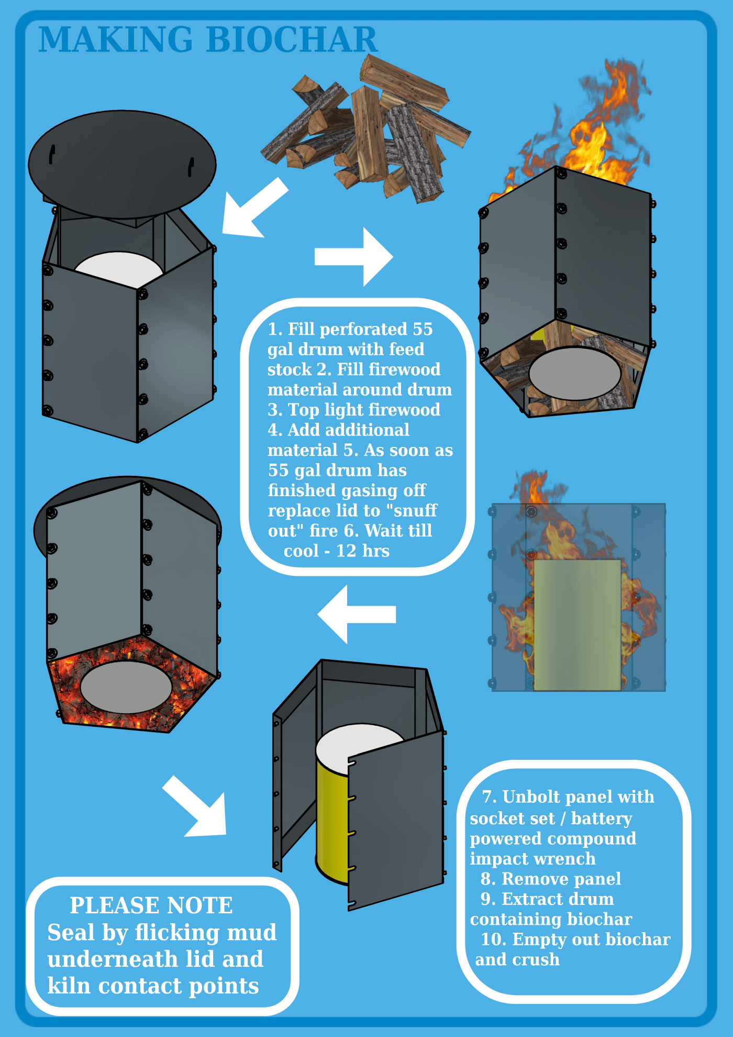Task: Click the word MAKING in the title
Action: pos(116,40)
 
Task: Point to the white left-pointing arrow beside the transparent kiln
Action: pos(356,614)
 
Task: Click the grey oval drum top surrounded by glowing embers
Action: pos(126,686)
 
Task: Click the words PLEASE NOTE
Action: pos(151,905)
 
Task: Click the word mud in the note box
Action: pos(251,933)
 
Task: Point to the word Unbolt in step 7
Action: pos(531,797)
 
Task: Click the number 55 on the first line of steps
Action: pos(423,329)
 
